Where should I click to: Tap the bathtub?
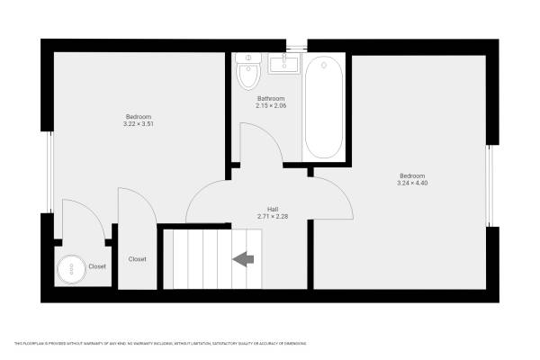pos(323,108)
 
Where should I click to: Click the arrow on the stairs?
pos(243,259)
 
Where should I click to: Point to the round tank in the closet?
pos(70,268)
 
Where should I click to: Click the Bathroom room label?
pos(271,98)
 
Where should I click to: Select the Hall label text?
pos(271,208)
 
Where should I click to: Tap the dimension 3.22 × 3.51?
pos(139,124)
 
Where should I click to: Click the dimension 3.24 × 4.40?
pos(412,183)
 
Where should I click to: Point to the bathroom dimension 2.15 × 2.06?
pos(271,106)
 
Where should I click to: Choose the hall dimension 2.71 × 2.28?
pos(271,216)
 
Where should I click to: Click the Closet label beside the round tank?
pos(97,266)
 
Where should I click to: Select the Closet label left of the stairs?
pos(138,259)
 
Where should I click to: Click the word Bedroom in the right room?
pos(412,175)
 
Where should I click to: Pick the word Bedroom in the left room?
pos(139,116)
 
